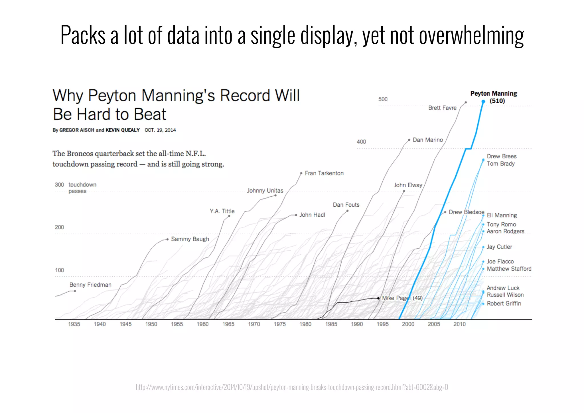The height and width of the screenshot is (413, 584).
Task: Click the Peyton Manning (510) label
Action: tap(494, 97)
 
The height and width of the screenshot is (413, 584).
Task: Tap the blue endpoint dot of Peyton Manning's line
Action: tap(483, 101)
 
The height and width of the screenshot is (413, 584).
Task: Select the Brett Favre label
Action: tap(442, 108)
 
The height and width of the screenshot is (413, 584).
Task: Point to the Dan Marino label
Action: tap(428, 140)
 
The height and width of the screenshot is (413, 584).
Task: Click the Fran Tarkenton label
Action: tap(324, 173)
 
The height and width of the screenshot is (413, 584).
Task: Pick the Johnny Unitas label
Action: tap(265, 191)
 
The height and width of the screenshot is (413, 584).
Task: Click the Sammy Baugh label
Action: tap(190, 239)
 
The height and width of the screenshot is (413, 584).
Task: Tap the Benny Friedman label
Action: tap(90, 285)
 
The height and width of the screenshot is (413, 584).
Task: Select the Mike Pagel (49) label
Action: tap(402, 298)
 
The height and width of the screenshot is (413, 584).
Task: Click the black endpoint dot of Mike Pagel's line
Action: tap(378, 298)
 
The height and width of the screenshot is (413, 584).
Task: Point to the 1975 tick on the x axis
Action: tap(280, 324)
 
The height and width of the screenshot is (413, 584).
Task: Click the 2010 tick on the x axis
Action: tap(460, 324)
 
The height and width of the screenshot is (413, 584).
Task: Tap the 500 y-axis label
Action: tap(383, 99)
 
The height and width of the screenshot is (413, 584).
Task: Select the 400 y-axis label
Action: tap(361, 142)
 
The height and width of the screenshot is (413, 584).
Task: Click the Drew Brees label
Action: tap(502, 156)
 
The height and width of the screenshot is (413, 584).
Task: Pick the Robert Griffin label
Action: tap(504, 304)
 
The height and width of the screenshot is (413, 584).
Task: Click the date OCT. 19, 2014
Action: tap(160, 130)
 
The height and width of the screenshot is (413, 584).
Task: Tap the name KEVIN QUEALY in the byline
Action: tap(123, 130)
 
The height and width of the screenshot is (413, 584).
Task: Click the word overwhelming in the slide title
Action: tap(472, 35)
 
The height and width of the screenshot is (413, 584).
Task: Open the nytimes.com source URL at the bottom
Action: tap(292, 387)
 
